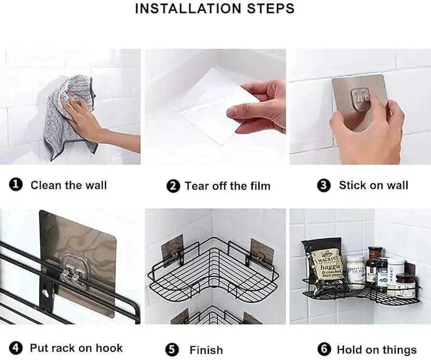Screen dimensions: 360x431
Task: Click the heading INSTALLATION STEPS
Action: point(215,9)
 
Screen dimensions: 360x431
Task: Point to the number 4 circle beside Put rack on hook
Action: point(16,348)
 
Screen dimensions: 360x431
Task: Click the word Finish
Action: point(206,350)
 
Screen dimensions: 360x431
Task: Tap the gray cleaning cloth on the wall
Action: point(67,118)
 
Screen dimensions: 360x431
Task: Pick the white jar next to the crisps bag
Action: point(355,272)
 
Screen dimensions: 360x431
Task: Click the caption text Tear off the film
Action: point(228,186)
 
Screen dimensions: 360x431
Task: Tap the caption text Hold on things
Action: point(377,349)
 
